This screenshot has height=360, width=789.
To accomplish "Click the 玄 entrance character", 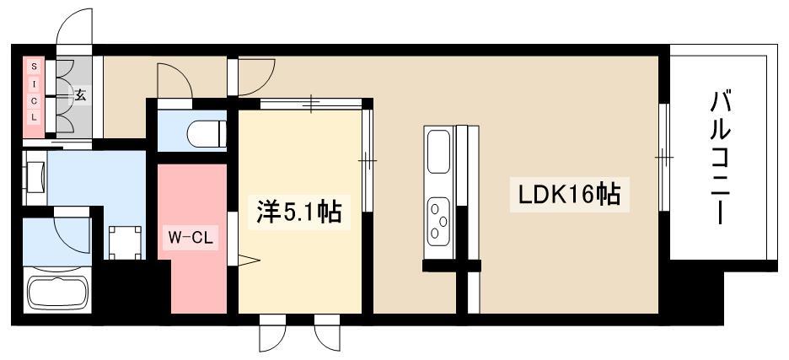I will click(80, 95).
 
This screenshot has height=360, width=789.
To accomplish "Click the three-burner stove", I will click(439, 218).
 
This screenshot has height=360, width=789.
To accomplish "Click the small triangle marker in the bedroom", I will click(247, 261).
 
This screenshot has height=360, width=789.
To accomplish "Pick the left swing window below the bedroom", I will click(272, 336).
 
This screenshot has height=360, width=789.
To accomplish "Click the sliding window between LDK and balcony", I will click(663, 157).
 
